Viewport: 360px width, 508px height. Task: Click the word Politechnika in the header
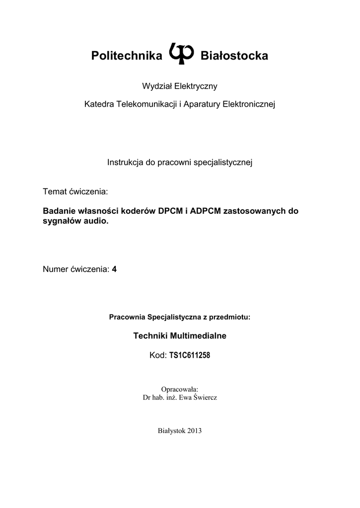(127, 56)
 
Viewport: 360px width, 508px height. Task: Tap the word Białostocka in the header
(234, 56)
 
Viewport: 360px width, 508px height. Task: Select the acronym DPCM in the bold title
(170, 210)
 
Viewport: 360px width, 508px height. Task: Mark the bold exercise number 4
(114, 269)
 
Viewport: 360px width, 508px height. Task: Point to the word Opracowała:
(180, 389)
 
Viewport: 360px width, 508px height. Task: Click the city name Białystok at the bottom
(171, 431)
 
